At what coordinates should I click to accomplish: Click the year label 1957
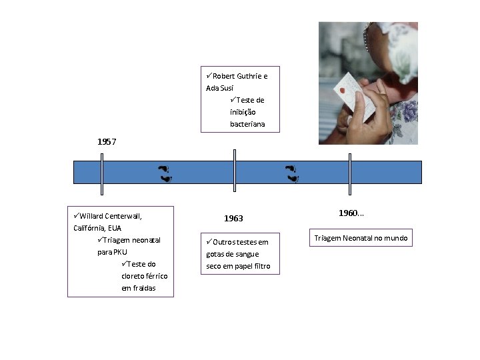[107, 142]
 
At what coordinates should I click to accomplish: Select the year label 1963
[233, 219]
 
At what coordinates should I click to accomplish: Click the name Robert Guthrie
[235, 76]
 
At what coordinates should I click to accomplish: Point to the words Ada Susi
[220, 88]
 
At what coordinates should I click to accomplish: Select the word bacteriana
[247, 124]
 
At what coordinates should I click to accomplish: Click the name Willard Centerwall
[111, 216]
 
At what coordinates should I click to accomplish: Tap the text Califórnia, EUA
[97, 228]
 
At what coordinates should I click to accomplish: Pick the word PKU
[120, 252]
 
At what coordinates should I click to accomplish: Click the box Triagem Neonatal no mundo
[363, 238]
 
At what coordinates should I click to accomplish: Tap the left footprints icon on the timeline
[165, 173]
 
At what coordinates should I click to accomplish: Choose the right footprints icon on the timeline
[292, 173]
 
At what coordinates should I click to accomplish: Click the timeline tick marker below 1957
[101, 174]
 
